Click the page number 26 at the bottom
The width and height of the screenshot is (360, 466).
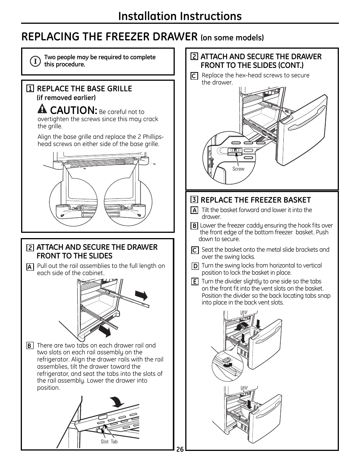(x=180, y=449)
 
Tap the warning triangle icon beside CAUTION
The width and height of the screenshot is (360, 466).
(x=43, y=109)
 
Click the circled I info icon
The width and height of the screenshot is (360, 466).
(x=35, y=61)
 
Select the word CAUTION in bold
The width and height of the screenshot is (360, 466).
(x=74, y=110)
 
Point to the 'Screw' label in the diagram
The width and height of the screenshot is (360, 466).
(x=238, y=169)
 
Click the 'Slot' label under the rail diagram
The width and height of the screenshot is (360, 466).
(x=105, y=441)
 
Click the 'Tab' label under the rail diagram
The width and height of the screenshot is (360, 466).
(x=114, y=441)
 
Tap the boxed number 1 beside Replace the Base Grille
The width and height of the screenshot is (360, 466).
(x=30, y=89)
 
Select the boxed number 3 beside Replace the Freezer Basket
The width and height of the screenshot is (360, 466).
(x=194, y=200)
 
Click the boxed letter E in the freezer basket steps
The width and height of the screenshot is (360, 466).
(x=195, y=282)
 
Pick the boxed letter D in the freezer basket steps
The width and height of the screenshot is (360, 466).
(x=195, y=266)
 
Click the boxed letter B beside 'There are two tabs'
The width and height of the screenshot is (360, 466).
(x=29, y=346)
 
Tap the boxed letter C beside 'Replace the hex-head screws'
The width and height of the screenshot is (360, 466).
(x=194, y=76)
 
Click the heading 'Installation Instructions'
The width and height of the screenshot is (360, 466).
(x=180, y=16)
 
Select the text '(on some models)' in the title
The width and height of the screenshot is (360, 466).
(x=232, y=38)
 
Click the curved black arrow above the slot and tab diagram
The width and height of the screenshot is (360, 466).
(x=118, y=403)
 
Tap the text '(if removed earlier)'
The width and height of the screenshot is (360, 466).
(x=66, y=98)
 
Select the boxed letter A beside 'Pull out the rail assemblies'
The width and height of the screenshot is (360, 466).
(x=29, y=267)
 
